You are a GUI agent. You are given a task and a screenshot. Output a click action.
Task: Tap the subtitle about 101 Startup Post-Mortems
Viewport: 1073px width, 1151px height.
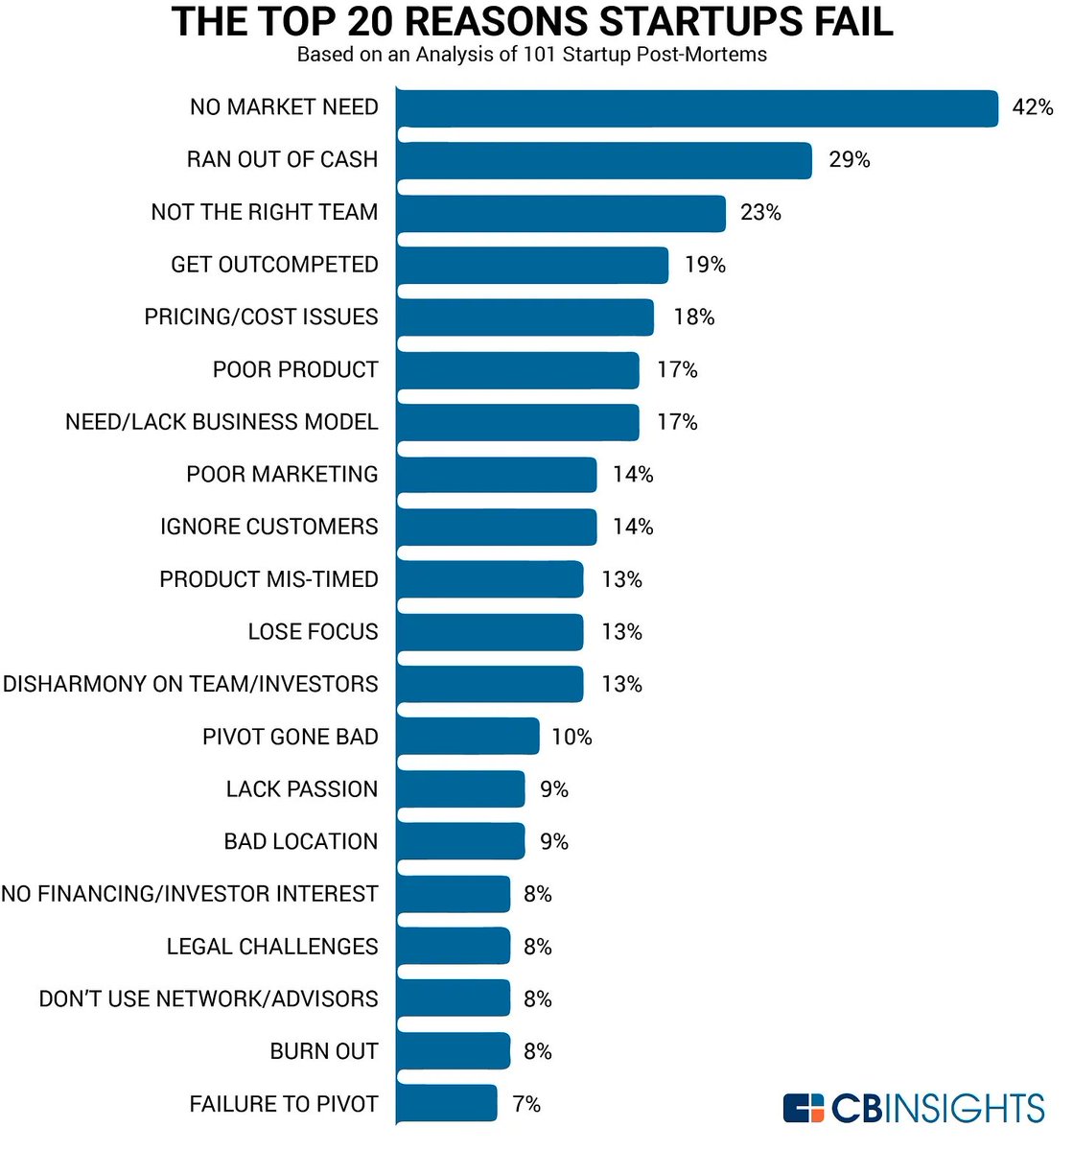coord(532,55)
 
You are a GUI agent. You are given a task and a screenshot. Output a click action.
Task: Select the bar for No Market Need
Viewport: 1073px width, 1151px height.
coord(696,108)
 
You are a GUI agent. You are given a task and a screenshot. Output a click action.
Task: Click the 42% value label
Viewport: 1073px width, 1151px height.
coord(1032,107)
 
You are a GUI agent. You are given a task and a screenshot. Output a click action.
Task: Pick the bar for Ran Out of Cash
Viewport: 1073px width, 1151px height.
coord(604,160)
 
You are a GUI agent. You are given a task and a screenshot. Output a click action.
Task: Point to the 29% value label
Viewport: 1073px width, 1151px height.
coord(849,160)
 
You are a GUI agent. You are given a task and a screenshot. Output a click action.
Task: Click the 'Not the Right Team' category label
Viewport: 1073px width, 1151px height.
coord(265,212)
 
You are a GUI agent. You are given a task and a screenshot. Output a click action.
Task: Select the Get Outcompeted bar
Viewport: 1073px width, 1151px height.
coord(531,265)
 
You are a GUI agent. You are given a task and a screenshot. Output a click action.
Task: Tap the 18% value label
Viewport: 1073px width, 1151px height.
coord(693,317)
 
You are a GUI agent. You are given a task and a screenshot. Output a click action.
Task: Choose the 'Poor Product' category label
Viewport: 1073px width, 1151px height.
coord(295,369)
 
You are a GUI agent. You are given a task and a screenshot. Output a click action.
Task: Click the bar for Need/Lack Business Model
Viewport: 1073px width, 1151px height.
coord(517,422)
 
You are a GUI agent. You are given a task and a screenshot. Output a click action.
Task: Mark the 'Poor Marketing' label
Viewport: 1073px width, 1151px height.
coord(282,474)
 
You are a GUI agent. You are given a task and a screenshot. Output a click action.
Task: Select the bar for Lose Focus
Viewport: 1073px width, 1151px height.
coord(489,632)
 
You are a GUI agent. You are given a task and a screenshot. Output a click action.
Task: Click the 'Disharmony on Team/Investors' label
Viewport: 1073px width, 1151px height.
coord(191,684)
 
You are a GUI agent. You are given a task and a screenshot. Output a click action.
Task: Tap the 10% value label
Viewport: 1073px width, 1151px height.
coord(571,738)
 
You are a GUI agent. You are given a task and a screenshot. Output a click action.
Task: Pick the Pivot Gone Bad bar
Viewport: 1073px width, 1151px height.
coord(467,737)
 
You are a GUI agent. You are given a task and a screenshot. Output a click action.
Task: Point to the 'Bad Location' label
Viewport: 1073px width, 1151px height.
coord(301,841)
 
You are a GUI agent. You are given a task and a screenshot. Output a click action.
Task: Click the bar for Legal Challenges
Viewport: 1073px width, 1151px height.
coord(453,947)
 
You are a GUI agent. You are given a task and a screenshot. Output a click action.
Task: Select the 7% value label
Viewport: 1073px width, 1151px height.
coord(526,1104)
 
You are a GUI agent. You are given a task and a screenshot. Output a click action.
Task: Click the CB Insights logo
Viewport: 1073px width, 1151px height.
coord(913,1108)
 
